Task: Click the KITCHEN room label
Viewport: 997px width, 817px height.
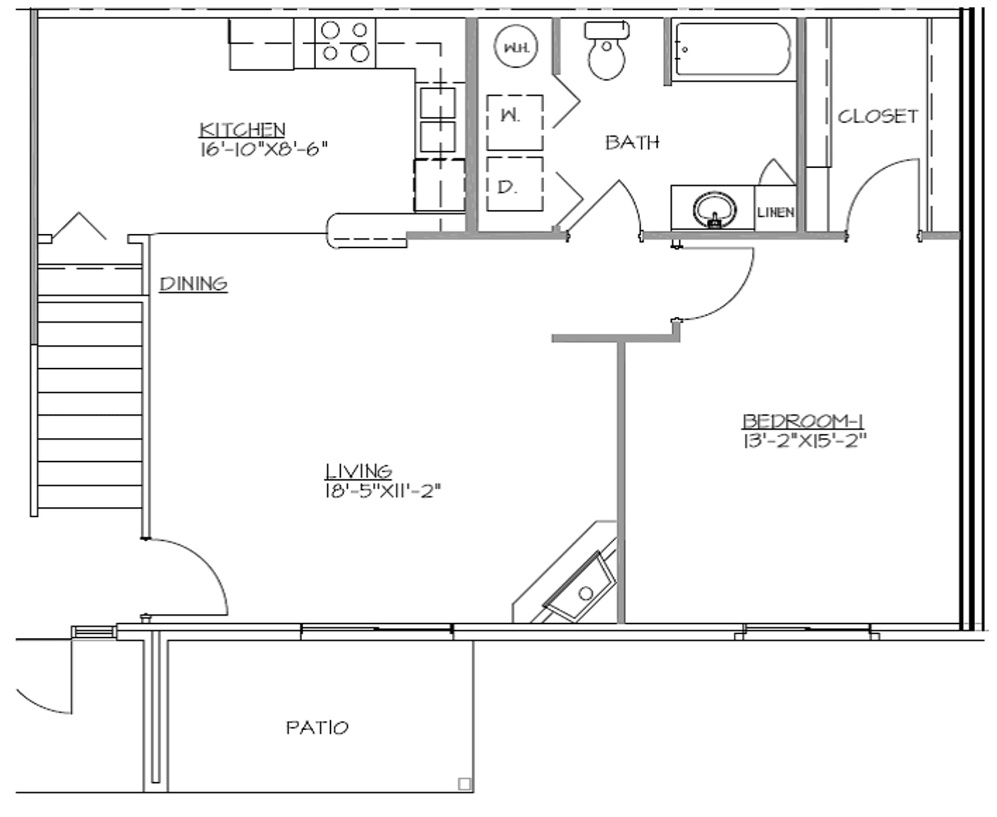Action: [x=242, y=129]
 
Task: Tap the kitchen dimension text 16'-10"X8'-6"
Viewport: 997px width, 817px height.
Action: [x=264, y=150]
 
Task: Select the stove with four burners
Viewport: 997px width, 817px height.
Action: [x=345, y=43]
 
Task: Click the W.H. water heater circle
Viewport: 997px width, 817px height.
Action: [x=515, y=47]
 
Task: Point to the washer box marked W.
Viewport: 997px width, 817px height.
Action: [x=515, y=123]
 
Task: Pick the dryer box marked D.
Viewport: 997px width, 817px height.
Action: [x=515, y=184]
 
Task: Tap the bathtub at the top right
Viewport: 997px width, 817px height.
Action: [x=733, y=49]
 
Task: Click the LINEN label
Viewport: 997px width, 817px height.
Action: [x=775, y=212]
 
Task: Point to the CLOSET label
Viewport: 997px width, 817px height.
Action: [x=878, y=116]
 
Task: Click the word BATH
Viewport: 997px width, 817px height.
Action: [x=632, y=142]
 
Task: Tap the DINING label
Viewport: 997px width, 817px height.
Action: [x=193, y=284]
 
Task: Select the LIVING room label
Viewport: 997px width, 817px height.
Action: [x=358, y=471]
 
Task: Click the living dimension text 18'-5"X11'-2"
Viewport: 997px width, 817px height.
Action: [x=383, y=491]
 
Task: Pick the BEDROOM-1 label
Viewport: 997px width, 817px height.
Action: [x=803, y=421]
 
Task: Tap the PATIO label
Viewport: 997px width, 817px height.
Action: [x=317, y=727]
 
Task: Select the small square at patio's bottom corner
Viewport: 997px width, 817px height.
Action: [x=464, y=784]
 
